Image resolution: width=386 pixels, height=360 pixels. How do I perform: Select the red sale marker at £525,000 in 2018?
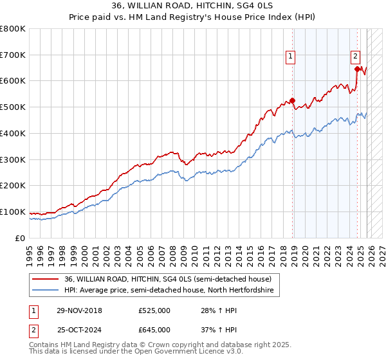(x=292, y=100)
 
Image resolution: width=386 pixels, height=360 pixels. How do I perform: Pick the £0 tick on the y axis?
(x=21, y=238)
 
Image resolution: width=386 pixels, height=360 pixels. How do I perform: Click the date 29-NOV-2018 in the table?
(x=79, y=310)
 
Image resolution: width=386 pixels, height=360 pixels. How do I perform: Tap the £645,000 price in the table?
(x=154, y=329)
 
